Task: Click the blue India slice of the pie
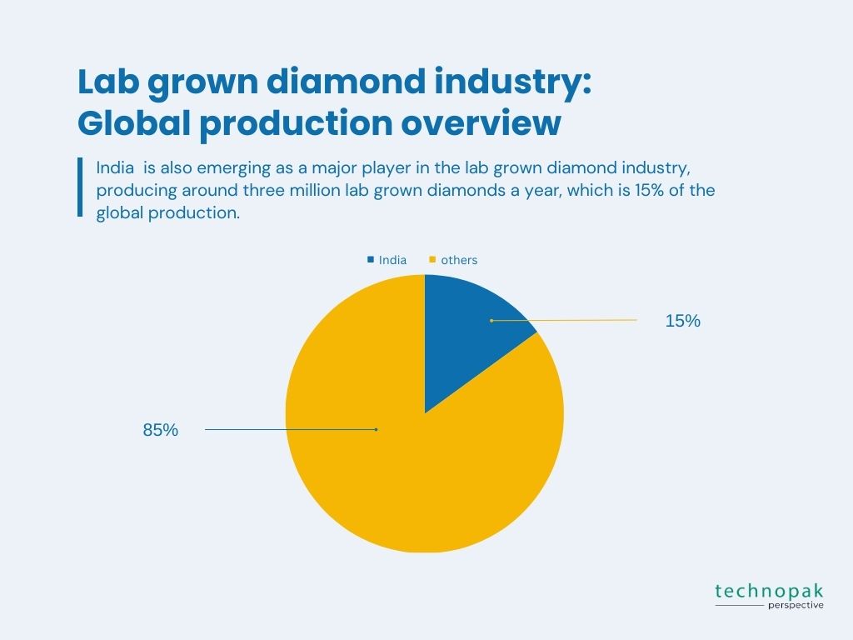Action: coord(468,332)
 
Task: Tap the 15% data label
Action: coord(683,321)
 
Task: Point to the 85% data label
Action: coord(161,430)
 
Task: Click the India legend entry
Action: coord(387,260)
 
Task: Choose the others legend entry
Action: coord(453,260)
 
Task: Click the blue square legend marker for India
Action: coord(371,260)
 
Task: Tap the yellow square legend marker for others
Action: coord(432,260)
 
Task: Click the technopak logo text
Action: coord(769,591)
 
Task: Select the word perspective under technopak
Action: coord(796,605)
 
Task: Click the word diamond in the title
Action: coord(346,82)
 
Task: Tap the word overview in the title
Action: coord(481,123)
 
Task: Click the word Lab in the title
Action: coord(108,82)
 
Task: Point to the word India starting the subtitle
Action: coord(115,167)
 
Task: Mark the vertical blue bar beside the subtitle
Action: coord(80,187)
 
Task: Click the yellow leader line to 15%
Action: coord(564,321)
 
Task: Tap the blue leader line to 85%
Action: coord(291,429)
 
